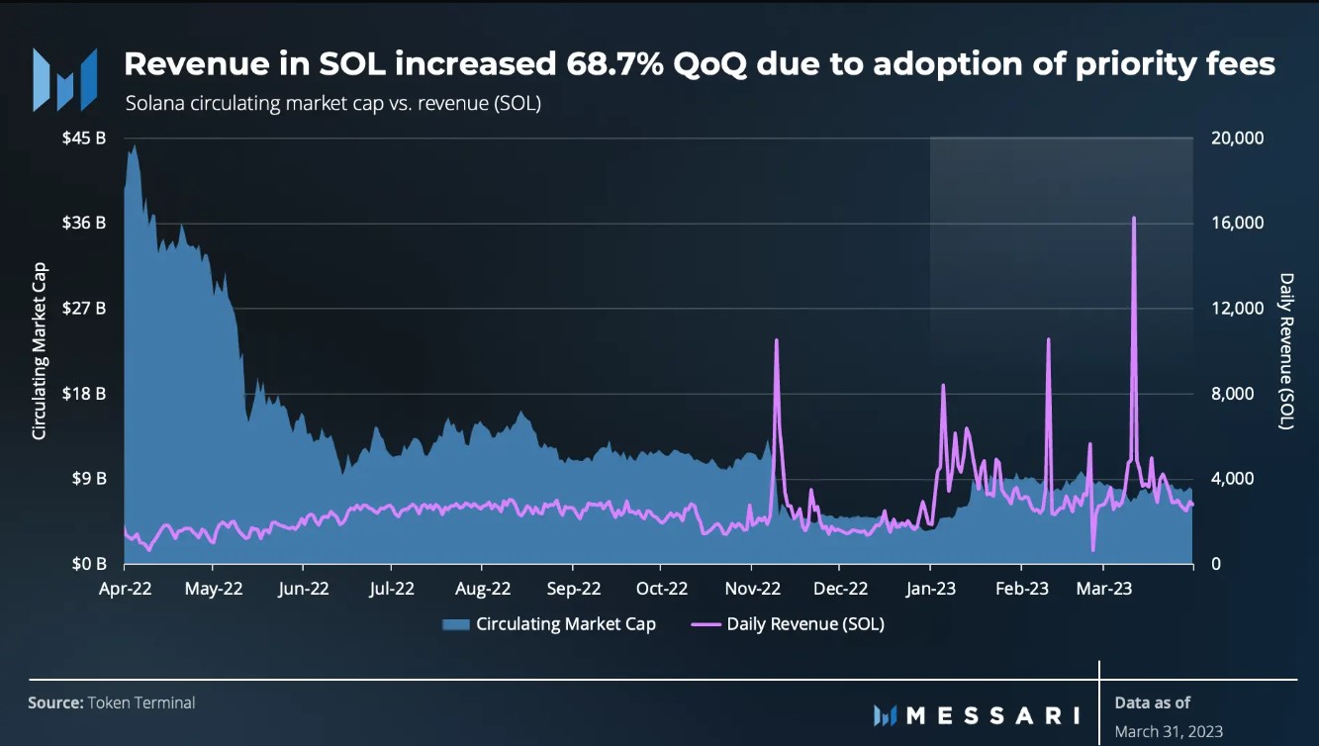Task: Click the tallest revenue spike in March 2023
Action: pyautogui.click(x=1133, y=218)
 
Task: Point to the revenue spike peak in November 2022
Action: pyautogui.click(x=776, y=340)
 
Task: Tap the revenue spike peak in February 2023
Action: pyautogui.click(x=1048, y=339)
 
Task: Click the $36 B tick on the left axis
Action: pyautogui.click(x=84, y=223)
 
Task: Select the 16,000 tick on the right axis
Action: pyautogui.click(x=1237, y=223)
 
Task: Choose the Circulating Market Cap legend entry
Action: pyautogui.click(x=565, y=624)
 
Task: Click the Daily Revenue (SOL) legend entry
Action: pyautogui.click(x=804, y=624)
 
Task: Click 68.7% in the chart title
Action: pyautogui.click(x=620, y=64)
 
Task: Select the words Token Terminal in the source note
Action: pyautogui.click(x=141, y=702)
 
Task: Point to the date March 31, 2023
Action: pyautogui.click(x=1169, y=732)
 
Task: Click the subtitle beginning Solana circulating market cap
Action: pyautogui.click(x=332, y=104)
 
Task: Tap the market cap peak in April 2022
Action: pyautogui.click(x=134, y=146)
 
